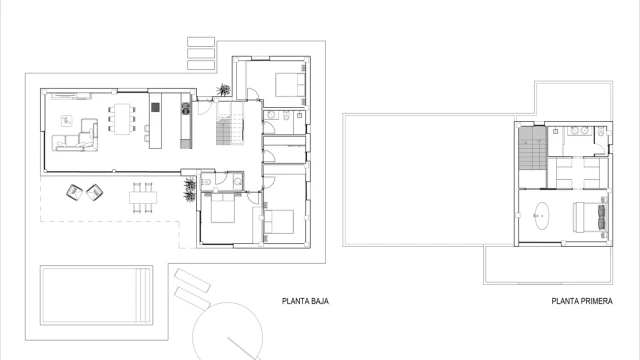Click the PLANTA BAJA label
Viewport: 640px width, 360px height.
[305, 301]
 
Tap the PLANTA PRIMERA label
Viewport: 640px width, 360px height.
[582, 301]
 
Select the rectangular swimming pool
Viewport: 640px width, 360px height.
[96, 295]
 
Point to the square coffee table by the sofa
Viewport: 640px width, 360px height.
[67, 120]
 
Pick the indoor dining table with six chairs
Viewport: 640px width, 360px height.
[122, 119]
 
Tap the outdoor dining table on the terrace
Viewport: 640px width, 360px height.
[143, 198]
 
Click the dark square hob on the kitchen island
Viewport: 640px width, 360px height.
[155, 107]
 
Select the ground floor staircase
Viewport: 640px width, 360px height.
[230, 123]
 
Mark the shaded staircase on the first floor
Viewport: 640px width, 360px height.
[532, 148]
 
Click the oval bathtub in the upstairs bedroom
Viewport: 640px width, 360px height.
[542, 216]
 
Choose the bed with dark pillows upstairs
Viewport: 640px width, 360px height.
[590, 217]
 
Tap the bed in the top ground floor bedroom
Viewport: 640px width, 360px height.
[290, 84]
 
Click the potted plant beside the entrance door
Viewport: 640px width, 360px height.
[223, 89]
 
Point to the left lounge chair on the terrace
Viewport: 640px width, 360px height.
[74, 192]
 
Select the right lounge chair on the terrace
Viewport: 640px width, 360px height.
[94, 192]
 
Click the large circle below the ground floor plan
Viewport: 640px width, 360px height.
[228, 331]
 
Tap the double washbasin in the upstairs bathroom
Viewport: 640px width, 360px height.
[580, 131]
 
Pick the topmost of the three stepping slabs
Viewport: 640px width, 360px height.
[201, 42]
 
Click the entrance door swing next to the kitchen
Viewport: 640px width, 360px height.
[205, 107]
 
